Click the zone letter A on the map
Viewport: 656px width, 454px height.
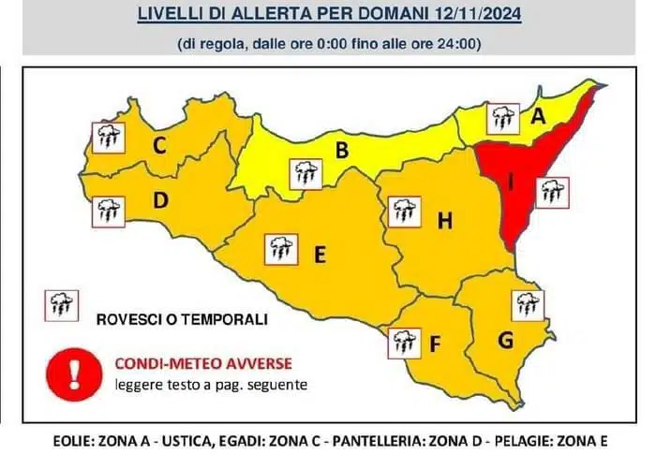coord(539,118)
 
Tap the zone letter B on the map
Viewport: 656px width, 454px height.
coord(342,150)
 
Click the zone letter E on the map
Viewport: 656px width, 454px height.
coord(319,254)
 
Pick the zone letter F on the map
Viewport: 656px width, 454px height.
coord(435,344)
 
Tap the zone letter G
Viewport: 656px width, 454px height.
coord(505,341)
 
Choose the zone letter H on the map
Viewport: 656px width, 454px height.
coord(445,221)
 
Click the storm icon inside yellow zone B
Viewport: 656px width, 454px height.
coord(306,172)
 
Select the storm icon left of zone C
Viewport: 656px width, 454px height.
coord(106,138)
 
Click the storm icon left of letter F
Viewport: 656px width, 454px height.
coord(404,343)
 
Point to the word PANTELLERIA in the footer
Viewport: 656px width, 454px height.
coord(401,438)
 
